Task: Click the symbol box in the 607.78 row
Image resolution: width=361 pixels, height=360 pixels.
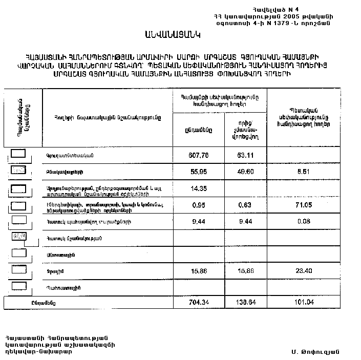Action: pos(19,153)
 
